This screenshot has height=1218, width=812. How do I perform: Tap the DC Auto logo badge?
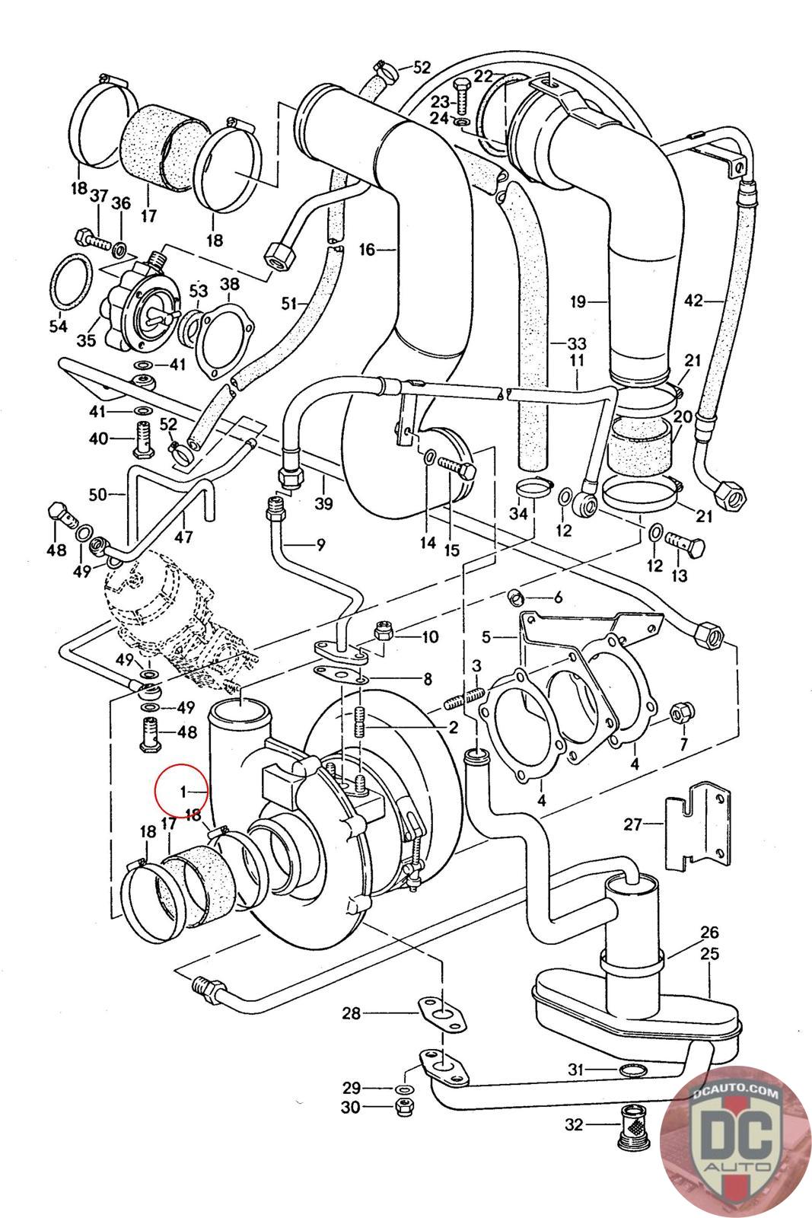tap(735, 1142)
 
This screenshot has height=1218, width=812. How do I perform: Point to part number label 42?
tap(693, 301)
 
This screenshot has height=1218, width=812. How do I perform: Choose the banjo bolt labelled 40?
tap(144, 439)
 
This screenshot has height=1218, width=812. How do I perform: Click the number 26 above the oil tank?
tap(709, 933)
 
